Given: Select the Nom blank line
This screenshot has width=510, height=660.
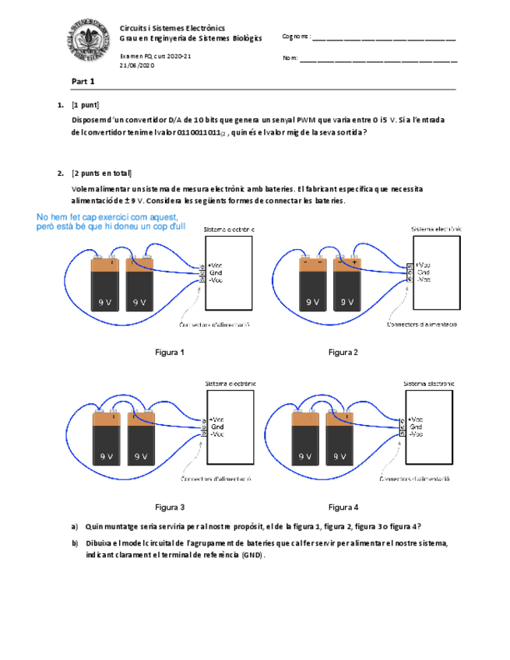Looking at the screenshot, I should coord(378,59).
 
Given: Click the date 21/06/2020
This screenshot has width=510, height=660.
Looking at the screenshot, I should coord(137,66).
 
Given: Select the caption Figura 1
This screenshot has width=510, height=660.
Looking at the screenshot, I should coord(170,353).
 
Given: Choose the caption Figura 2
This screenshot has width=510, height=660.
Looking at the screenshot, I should coord(343,353).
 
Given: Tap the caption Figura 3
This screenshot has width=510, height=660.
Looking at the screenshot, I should coord(170,507).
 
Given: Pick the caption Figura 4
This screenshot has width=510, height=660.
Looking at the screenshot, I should coord(343,507).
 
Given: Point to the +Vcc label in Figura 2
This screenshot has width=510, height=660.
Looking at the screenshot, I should coord(424,265).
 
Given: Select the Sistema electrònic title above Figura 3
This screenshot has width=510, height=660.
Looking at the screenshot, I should coord(230,384).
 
